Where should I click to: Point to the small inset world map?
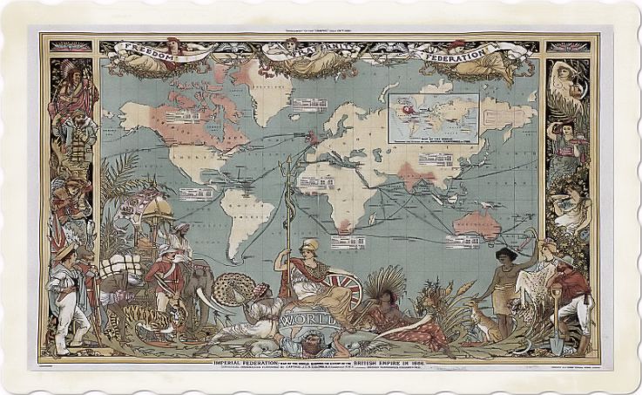[x=435, y=115]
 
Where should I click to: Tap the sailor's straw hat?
[x=66, y=252]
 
